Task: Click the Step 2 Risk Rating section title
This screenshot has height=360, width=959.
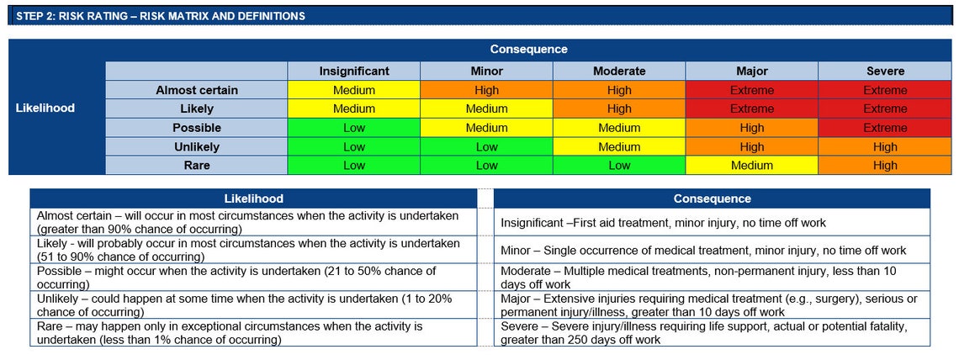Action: click(161, 16)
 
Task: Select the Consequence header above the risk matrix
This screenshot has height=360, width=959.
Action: click(528, 50)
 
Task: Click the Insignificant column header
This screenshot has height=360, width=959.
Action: click(354, 71)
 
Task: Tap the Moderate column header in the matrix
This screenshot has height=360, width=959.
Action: click(619, 71)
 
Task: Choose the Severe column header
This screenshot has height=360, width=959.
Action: click(885, 71)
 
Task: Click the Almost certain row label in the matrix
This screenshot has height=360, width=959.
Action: click(197, 90)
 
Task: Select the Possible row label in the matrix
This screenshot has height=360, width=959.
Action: click(197, 128)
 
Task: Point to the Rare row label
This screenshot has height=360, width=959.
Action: click(197, 166)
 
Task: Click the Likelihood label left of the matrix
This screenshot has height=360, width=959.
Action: click(45, 108)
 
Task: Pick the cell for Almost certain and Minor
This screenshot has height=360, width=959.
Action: click(486, 90)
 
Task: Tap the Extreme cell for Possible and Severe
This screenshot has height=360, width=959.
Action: click(885, 128)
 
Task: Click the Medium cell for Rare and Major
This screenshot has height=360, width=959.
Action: click(752, 166)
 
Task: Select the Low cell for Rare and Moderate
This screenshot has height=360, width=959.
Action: click(619, 166)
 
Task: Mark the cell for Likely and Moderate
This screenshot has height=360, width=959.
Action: click(619, 109)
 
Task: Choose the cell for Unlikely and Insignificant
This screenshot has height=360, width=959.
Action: click(354, 147)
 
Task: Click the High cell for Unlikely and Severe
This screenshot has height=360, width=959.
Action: click(885, 147)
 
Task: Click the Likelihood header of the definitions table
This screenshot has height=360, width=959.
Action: click(253, 199)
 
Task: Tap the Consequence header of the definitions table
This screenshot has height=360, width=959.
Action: click(712, 199)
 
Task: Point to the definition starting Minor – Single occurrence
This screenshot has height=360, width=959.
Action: click(703, 251)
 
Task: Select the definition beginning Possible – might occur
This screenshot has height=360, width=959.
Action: click(236, 277)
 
